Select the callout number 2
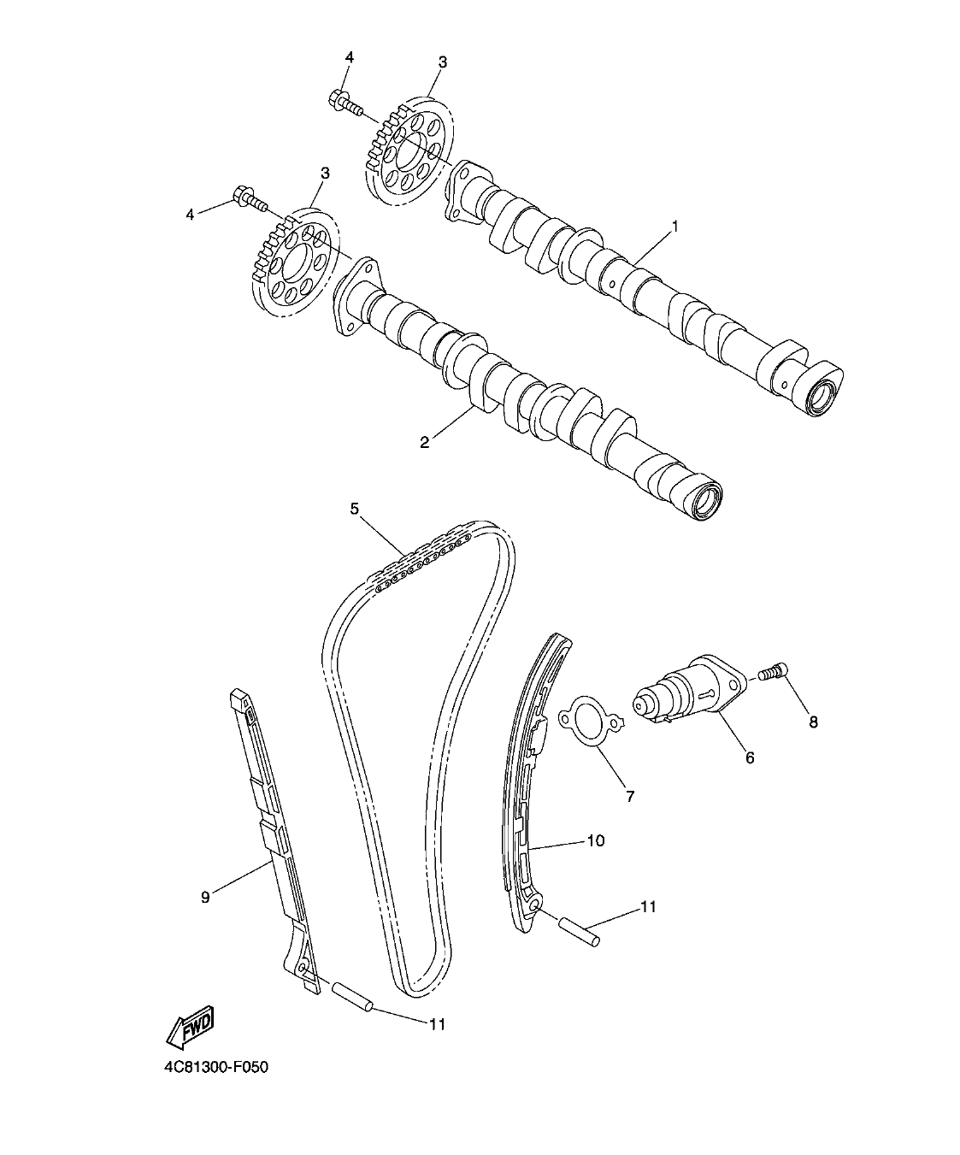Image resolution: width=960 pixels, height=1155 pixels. click(x=424, y=441)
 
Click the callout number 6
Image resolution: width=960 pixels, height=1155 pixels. click(x=750, y=757)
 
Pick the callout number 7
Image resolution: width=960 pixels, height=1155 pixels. click(x=630, y=796)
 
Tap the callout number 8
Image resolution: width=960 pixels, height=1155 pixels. click(x=813, y=722)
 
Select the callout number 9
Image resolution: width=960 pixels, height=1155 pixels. click(x=205, y=897)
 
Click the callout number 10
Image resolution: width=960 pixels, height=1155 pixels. click(x=595, y=841)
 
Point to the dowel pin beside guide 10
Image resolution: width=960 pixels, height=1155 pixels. click(x=580, y=931)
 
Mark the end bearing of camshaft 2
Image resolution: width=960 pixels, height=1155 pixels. click(x=705, y=501)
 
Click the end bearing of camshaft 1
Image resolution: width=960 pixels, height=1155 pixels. click(x=822, y=396)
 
